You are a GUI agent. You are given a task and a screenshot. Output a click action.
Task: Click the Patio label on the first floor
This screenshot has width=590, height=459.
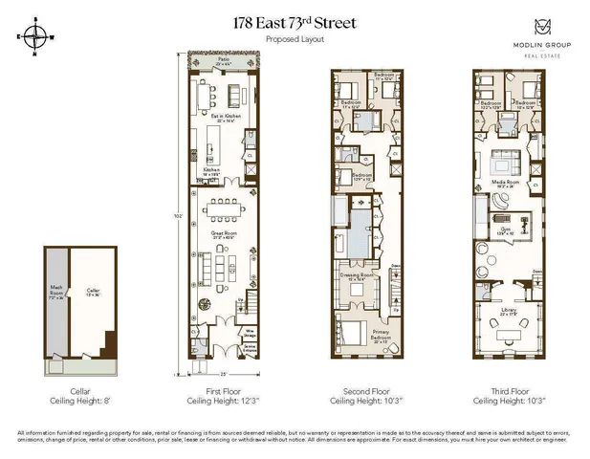pos(223,60)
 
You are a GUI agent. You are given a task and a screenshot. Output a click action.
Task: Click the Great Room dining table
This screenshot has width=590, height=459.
pos(226,208)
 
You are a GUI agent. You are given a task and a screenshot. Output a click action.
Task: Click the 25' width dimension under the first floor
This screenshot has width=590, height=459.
pos(223,373)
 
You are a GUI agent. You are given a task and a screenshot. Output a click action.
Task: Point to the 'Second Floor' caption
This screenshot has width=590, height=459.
pos(366,392)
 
